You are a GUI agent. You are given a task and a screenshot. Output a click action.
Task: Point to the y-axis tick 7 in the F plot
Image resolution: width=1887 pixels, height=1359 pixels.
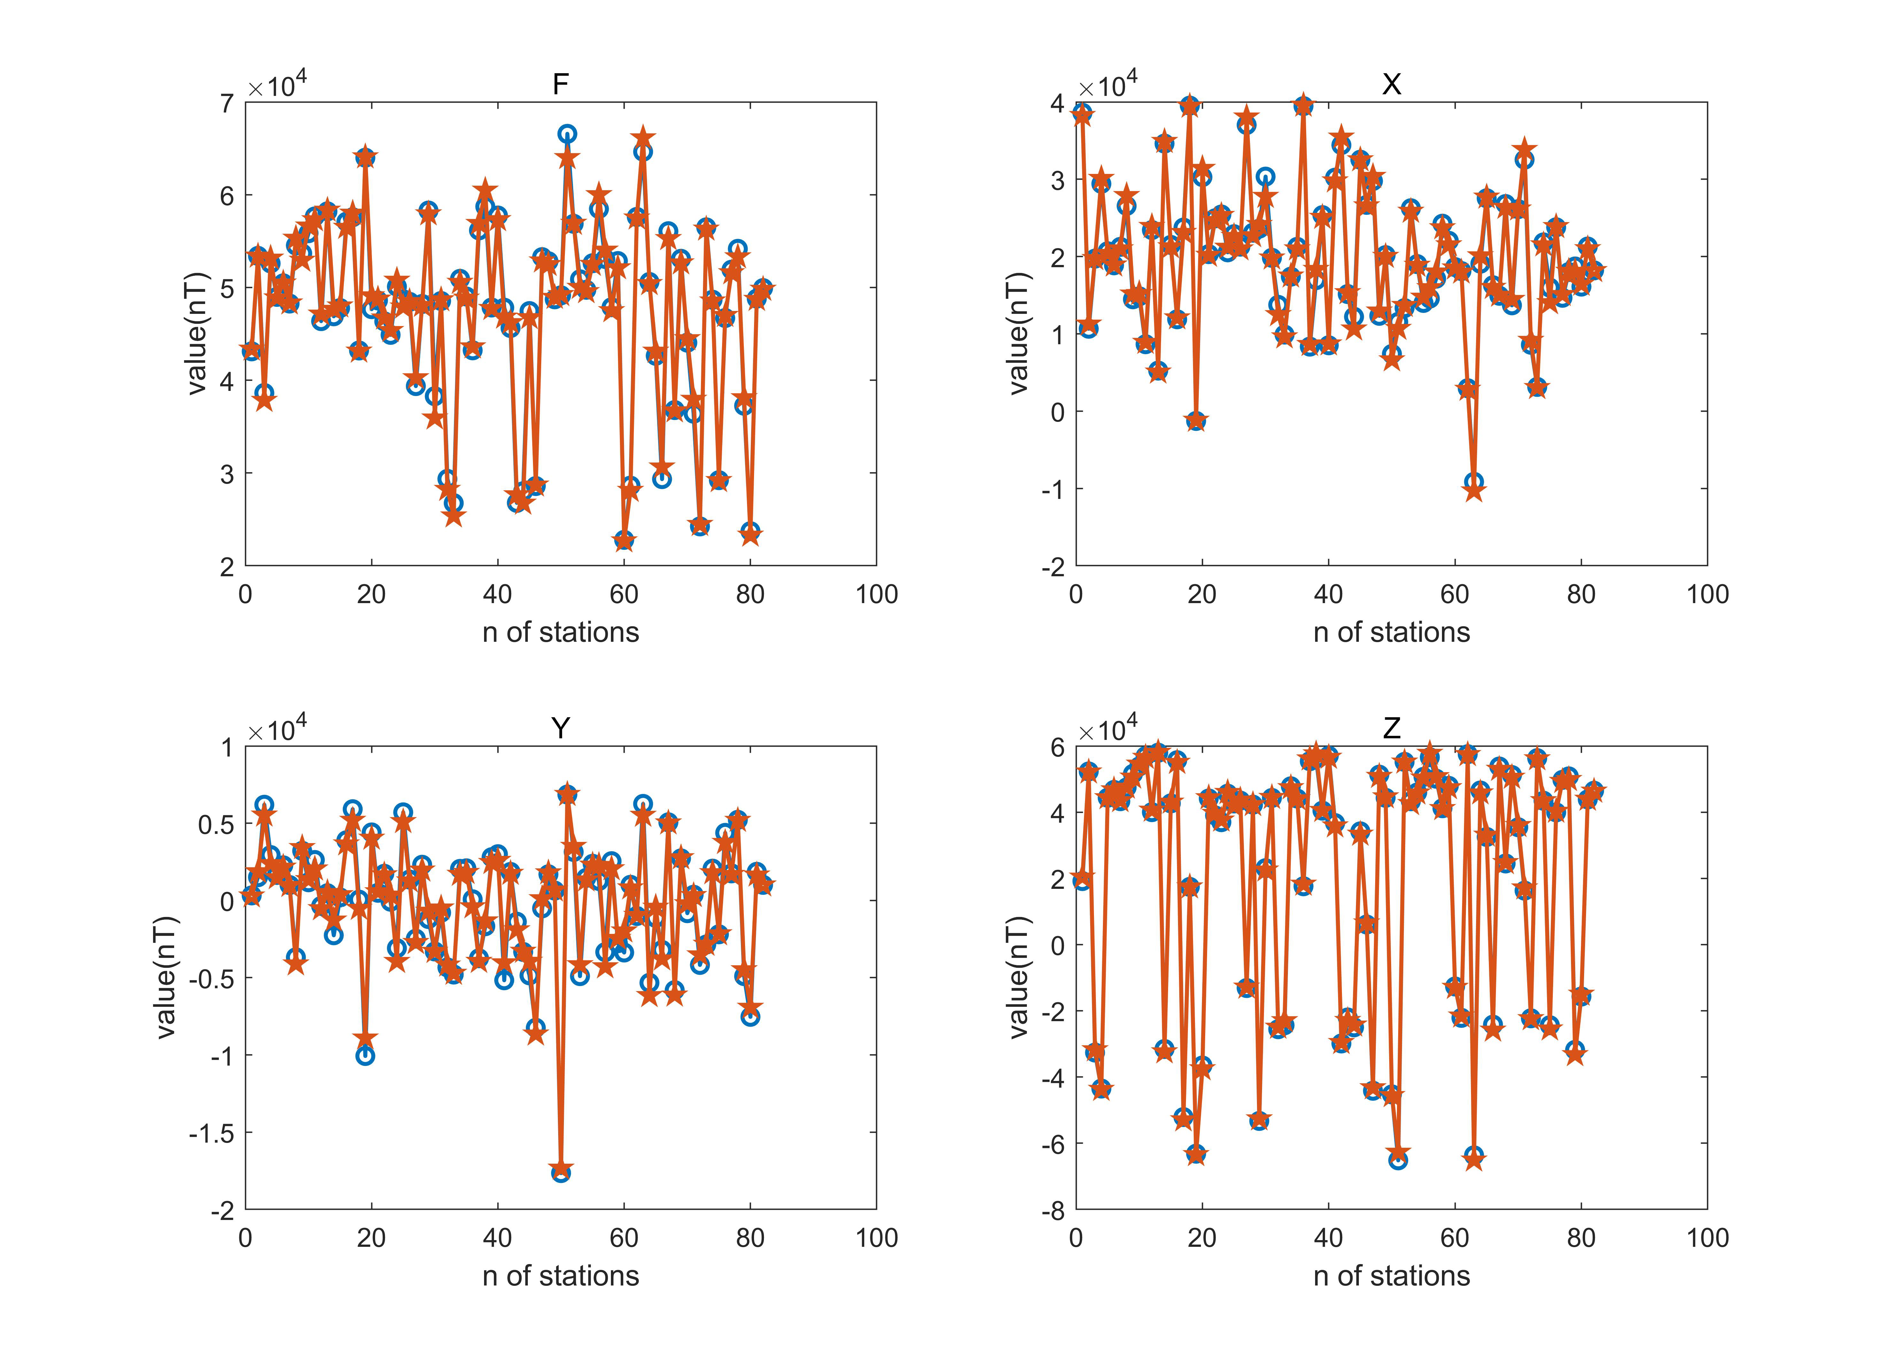coord(226,103)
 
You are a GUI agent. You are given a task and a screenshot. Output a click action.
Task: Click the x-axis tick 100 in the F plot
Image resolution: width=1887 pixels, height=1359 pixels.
coord(876,594)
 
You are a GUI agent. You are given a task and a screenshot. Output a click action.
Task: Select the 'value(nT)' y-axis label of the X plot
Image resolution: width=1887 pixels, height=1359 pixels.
coord(1018,334)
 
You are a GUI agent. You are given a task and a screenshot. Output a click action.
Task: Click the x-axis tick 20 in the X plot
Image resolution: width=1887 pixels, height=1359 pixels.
coord(1201,594)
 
